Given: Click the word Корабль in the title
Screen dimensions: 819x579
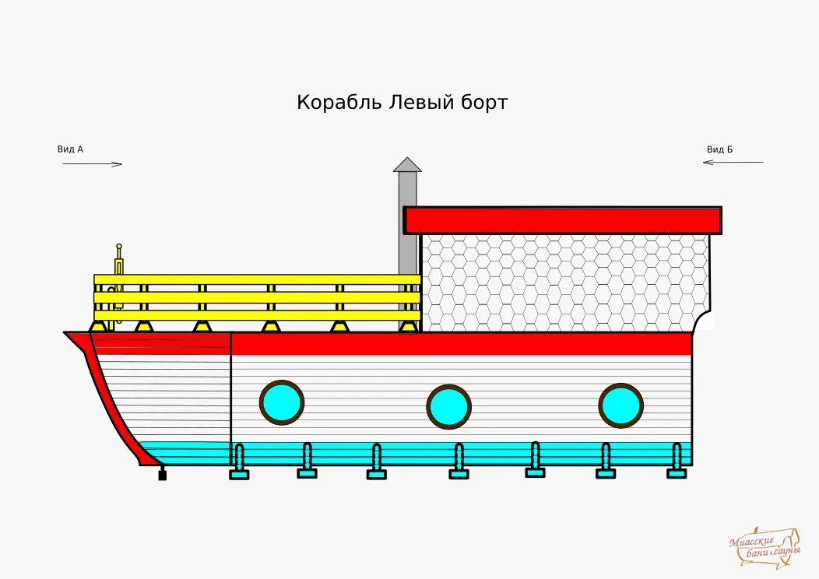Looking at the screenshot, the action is click(339, 102).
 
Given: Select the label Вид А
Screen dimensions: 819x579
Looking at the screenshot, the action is click(70, 149).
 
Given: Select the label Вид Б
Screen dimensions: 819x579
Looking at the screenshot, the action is click(720, 149).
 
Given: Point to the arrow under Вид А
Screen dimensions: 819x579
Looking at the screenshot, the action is click(93, 164).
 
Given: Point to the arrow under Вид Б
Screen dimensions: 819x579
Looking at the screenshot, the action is click(733, 162).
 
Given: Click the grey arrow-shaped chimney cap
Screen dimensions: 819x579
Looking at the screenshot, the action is click(407, 164).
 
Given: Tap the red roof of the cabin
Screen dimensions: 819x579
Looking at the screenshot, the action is click(563, 220).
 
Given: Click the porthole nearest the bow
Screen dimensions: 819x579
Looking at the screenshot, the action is click(282, 402).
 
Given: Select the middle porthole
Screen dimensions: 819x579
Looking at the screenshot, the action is click(449, 407).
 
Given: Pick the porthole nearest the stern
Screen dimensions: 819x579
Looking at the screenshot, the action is click(621, 405).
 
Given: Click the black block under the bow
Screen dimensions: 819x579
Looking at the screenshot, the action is click(163, 475).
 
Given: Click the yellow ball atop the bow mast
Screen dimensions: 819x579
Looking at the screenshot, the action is click(119, 246).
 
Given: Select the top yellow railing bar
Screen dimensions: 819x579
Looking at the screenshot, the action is click(258, 279).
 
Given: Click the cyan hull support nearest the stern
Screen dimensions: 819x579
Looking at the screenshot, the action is click(677, 461).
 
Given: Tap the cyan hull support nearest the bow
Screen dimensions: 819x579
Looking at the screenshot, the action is click(239, 461).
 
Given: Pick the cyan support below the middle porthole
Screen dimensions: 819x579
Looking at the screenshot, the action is click(459, 461).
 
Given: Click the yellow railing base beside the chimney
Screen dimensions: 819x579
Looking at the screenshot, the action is click(409, 327).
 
